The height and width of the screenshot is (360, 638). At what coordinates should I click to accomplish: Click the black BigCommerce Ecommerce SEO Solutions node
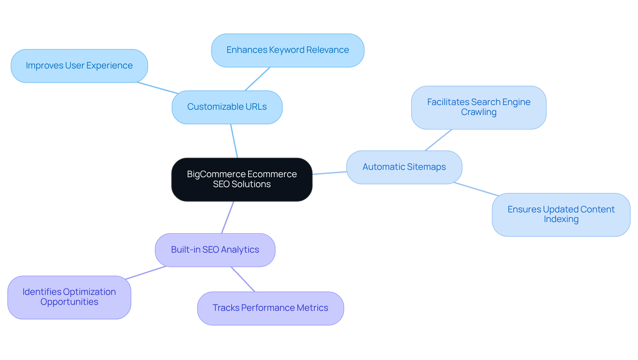(x=242, y=180)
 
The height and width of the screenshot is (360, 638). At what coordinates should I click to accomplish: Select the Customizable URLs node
(x=227, y=107)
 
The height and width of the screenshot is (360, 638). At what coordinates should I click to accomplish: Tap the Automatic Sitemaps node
(x=404, y=167)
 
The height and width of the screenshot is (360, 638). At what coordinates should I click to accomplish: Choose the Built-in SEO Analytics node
(x=215, y=250)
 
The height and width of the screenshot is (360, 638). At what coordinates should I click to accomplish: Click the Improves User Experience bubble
(x=79, y=66)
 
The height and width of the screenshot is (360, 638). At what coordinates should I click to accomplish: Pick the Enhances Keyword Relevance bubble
(x=287, y=50)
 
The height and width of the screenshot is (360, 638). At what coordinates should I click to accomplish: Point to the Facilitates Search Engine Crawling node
(x=478, y=107)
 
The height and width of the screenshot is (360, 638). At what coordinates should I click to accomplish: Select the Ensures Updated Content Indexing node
(x=561, y=214)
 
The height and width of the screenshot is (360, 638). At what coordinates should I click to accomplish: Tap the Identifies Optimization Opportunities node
(x=69, y=297)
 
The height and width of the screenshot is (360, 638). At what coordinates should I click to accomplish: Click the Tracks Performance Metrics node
(x=270, y=308)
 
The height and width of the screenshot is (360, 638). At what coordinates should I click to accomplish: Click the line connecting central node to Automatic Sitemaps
(x=329, y=173)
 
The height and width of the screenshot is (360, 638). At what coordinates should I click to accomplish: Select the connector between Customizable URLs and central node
(x=234, y=141)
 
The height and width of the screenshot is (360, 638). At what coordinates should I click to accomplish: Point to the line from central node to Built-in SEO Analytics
(x=228, y=217)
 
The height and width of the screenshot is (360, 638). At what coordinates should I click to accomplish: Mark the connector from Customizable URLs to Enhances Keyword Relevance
(x=258, y=79)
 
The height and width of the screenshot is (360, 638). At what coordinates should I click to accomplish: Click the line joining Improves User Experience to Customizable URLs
(x=157, y=88)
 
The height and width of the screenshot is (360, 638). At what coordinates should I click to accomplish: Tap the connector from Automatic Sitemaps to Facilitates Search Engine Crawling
(x=438, y=140)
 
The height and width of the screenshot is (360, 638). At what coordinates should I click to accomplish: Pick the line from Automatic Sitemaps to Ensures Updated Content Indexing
(x=476, y=189)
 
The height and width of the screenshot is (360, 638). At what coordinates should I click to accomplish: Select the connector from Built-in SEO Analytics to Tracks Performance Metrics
(x=243, y=279)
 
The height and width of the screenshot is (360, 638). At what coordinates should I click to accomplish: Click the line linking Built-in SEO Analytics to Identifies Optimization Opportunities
(x=146, y=273)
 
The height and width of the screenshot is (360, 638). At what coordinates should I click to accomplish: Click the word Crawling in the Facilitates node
(x=478, y=112)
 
